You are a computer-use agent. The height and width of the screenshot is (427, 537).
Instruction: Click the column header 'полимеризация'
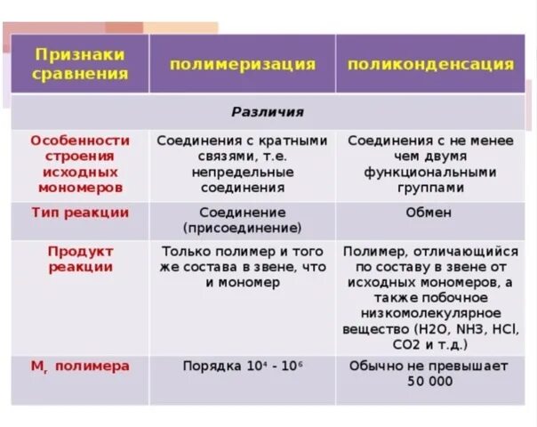243,64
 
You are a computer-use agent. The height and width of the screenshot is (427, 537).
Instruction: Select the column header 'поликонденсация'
430,64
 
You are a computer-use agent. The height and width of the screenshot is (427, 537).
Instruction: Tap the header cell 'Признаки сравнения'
79,63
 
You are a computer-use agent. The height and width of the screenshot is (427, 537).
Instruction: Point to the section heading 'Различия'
268,112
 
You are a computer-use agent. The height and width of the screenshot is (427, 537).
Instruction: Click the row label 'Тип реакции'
80,213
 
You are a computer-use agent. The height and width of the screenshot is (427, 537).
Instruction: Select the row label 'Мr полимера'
80,366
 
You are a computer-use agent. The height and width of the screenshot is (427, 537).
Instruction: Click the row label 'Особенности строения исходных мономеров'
80,164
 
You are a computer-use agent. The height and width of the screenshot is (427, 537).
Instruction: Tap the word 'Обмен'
429,213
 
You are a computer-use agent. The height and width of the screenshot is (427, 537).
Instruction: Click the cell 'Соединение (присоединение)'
243,220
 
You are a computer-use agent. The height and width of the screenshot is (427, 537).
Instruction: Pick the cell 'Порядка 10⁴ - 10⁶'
243,366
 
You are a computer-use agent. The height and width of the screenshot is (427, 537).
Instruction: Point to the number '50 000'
429,381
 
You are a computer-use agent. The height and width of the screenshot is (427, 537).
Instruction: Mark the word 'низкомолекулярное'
429,312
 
